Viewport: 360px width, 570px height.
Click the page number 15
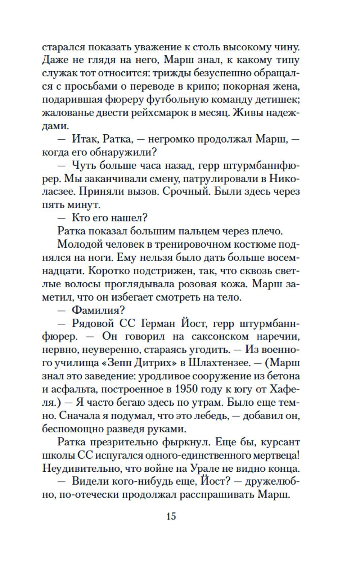coord(171,516)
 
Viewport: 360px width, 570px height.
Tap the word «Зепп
coord(118,363)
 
